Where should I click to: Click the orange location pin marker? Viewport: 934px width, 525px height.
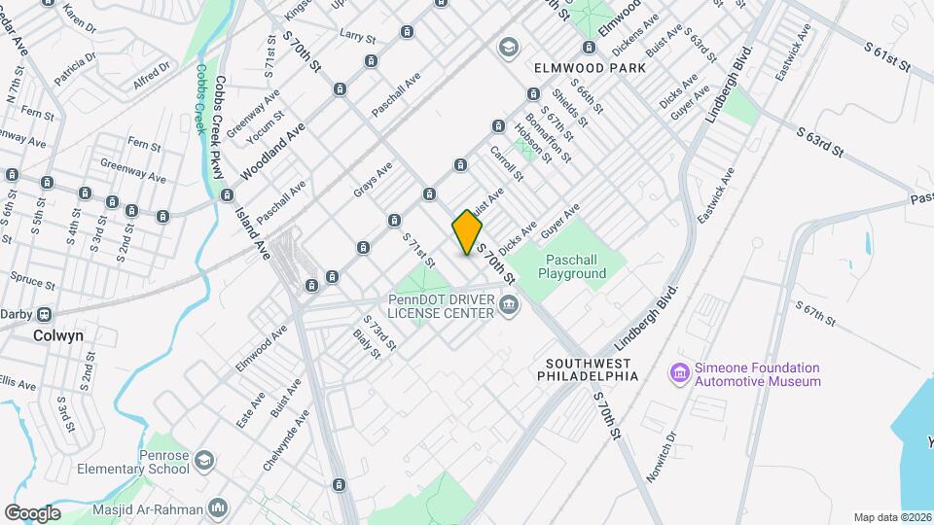tap(467, 232)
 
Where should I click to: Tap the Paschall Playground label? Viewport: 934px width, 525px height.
tap(575, 266)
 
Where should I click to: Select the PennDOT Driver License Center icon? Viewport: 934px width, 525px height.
tap(508, 307)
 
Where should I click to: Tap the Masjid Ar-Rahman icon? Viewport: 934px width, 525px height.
tap(218, 507)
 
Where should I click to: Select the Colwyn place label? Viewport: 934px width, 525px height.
tap(58, 335)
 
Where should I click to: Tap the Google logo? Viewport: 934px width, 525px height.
tap(32, 512)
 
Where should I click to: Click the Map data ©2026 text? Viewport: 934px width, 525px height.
tap(891, 517)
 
